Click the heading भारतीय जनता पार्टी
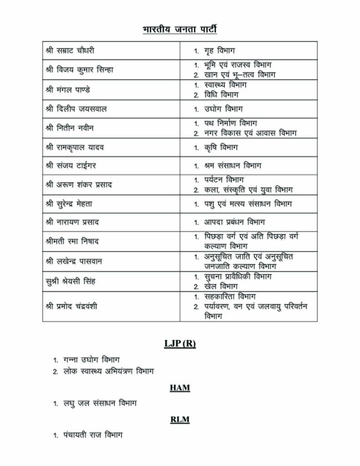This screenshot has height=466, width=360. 180,30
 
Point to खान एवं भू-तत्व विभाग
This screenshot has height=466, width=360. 240,75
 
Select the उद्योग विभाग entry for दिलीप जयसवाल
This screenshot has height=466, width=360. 223,109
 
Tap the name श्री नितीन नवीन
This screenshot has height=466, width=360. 70,128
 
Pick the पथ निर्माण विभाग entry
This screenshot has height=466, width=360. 231,123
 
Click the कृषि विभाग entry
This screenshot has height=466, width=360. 221,147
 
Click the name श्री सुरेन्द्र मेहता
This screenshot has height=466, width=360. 73,203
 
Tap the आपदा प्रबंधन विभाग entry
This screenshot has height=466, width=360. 241,223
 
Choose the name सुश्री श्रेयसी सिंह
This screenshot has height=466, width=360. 71,281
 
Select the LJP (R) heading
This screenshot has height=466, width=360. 180,344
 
